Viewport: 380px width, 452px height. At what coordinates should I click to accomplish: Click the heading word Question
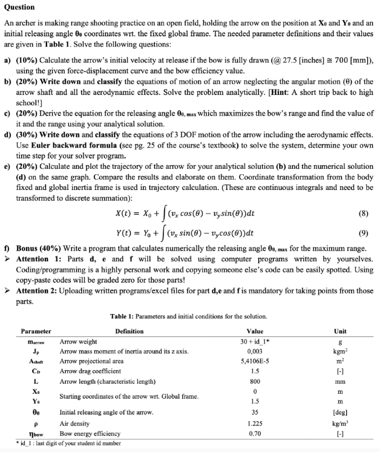pos(19,7)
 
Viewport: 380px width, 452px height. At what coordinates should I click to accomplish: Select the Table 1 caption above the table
pos(189,316)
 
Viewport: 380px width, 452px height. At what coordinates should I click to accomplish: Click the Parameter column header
pos(36,331)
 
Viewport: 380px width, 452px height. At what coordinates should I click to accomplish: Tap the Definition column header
pos(129,331)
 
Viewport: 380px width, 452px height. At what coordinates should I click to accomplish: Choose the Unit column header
pos(340,331)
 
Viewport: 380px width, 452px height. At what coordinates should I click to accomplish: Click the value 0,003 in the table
pos(255,351)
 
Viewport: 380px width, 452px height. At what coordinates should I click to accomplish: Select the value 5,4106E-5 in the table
pos(255,361)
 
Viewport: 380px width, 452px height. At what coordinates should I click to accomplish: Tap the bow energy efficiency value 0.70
pos(255,434)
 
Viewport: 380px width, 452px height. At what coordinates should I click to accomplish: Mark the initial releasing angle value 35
pos(255,413)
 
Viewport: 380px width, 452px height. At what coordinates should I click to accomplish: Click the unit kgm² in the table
pos(340,351)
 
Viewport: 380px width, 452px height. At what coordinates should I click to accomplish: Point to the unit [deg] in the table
pos(340,413)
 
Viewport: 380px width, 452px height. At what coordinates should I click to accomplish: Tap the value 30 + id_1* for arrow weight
pos(255,341)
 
